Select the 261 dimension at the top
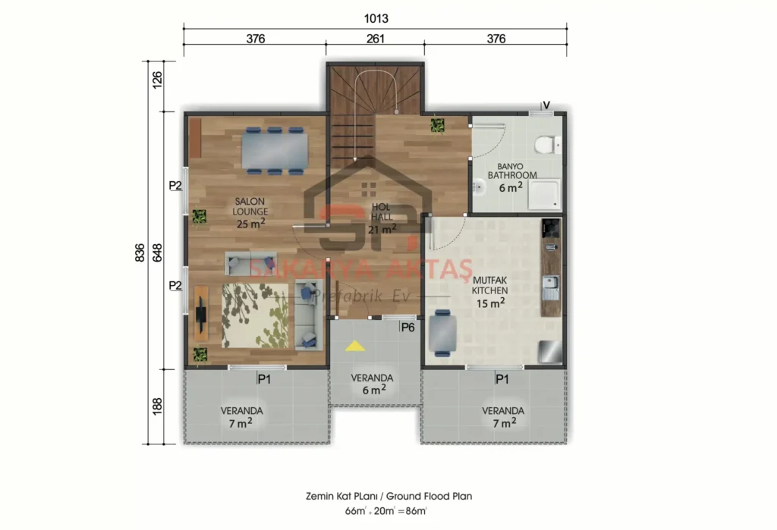(376, 39)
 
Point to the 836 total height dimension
(140, 253)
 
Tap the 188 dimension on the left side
(158, 406)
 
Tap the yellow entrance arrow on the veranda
(354, 347)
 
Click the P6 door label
(407, 328)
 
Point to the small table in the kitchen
(442, 333)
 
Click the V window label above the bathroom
(545, 105)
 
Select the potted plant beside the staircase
(437, 125)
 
